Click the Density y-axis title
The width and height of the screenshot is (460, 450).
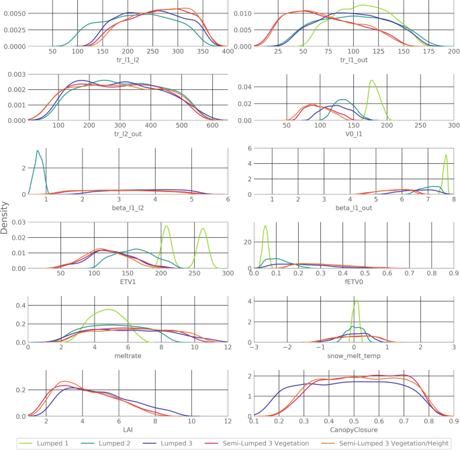pyautogui.click(x=5, y=220)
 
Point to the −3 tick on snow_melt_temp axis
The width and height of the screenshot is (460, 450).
pyautogui.click(x=254, y=349)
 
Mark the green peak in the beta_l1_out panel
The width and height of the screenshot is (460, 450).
pyautogui.click(x=445, y=155)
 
